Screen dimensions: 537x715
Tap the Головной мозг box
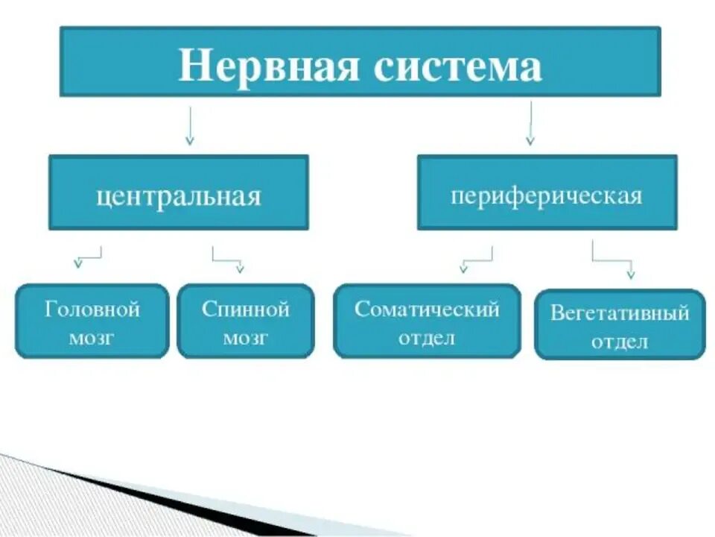(x=92, y=321)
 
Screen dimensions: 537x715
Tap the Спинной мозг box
(x=246, y=321)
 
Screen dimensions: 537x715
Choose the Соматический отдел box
(x=427, y=321)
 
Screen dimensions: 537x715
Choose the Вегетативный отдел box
(x=620, y=324)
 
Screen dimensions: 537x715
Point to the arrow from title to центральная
(x=190, y=125)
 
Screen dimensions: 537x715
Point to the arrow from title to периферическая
(x=530, y=122)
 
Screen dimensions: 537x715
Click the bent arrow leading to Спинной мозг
(x=227, y=258)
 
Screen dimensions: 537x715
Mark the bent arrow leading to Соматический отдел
(x=477, y=258)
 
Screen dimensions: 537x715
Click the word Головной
(x=92, y=309)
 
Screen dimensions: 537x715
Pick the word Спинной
(x=246, y=309)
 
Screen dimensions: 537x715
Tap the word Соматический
(x=427, y=309)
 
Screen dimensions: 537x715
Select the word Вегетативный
(x=620, y=313)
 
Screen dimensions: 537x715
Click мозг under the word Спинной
(x=246, y=337)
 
